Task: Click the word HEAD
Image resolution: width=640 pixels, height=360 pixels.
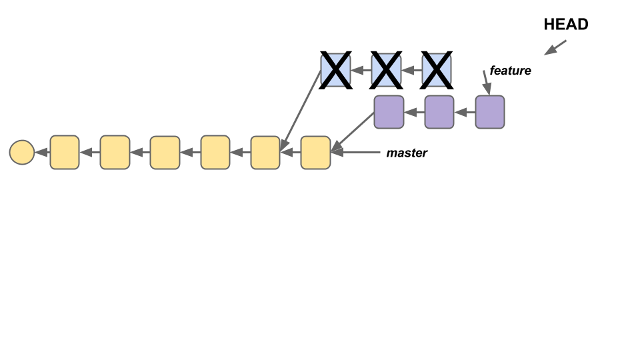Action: [566, 25]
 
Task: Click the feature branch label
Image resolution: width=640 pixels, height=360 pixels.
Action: [510, 70]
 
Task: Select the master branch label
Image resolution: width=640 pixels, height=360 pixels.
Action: [407, 153]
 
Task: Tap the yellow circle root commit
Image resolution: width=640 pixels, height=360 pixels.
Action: [21, 152]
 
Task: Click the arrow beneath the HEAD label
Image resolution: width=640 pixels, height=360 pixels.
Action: [555, 47]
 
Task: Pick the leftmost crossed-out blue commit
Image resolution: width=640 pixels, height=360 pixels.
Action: [335, 71]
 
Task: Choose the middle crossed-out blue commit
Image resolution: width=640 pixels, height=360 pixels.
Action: [386, 71]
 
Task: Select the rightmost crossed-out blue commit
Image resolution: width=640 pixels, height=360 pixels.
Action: [437, 71]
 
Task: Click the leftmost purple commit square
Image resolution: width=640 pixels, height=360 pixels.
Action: [389, 112]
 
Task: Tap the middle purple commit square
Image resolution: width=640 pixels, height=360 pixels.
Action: [439, 112]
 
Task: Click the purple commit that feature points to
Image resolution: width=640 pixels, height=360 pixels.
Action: [490, 112]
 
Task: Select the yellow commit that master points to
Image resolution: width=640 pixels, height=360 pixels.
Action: [315, 152]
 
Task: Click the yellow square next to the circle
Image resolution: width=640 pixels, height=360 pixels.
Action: [65, 152]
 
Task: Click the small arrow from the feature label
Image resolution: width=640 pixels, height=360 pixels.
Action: [486, 83]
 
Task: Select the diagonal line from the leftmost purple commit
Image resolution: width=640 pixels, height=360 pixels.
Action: [353, 131]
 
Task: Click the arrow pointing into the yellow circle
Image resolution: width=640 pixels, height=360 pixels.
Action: [42, 152]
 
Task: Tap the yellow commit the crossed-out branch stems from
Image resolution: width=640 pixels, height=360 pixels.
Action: [265, 152]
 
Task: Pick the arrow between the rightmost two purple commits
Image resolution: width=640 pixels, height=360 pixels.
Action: [465, 112]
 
